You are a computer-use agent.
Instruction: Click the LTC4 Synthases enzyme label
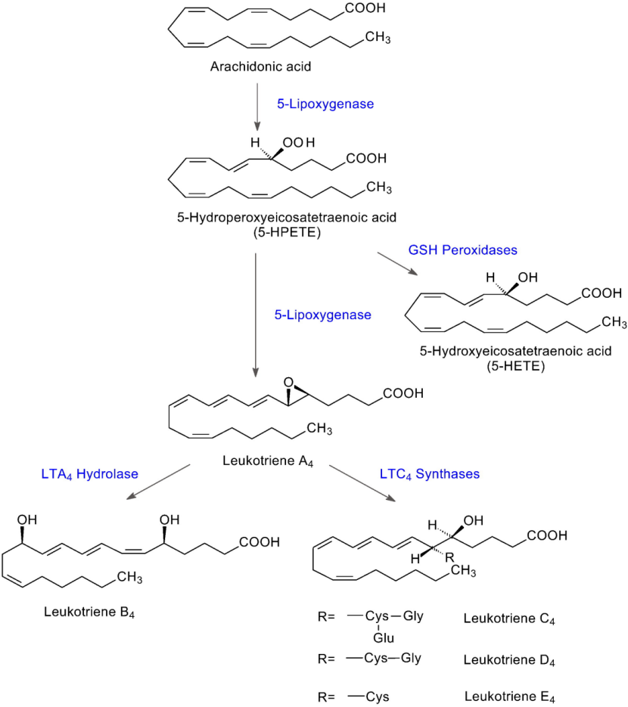pos(428,474)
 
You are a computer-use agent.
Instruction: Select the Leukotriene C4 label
pos(508,619)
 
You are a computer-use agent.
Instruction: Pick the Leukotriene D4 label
pos(508,659)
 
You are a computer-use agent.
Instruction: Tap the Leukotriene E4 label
pos(508,698)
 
